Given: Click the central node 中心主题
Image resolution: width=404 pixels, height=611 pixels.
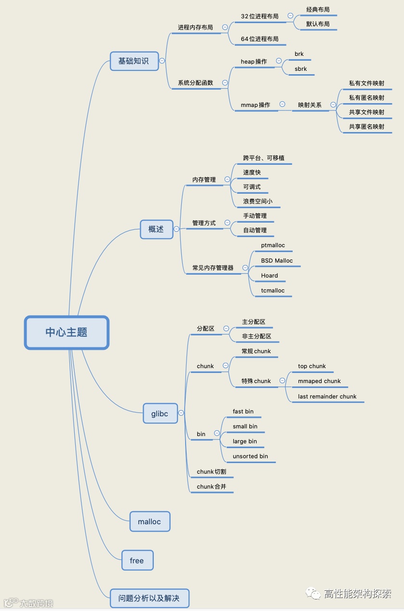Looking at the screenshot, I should [x=67, y=332].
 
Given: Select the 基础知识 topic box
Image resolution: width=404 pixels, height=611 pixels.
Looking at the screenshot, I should [x=134, y=61].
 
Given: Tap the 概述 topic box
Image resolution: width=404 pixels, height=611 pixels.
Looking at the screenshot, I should [x=156, y=229].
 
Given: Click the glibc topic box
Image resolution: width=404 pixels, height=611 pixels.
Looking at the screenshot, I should [x=160, y=413].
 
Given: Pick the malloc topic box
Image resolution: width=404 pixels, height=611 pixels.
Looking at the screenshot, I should [x=149, y=522].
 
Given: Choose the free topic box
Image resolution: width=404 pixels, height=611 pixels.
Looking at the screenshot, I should [x=137, y=560].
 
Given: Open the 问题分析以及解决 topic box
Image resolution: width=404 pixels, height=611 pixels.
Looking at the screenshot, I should [x=149, y=598].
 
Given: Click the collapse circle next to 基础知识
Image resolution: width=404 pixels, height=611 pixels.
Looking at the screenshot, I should [x=162, y=61].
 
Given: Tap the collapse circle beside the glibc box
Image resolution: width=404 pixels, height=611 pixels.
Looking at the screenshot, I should [x=181, y=413].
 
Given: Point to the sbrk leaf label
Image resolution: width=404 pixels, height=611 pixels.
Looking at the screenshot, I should [x=301, y=69].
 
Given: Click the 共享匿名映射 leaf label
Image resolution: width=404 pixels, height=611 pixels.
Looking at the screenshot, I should [x=367, y=127].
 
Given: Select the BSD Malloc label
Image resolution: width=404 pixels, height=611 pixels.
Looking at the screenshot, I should [x=277, y=261].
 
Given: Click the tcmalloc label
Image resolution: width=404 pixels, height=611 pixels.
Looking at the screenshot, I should [x=273, y=291].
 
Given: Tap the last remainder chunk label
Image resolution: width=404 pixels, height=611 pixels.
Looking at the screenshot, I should [x=327, y=397].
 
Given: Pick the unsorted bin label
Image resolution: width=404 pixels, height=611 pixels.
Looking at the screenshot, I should [x=250, y=456].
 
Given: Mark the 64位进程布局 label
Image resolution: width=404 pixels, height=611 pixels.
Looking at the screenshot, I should [x=259, y=39].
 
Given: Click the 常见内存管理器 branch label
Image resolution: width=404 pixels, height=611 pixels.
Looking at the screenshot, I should [x=213, y=268].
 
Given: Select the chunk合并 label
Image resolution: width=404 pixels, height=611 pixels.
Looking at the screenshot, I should [x=211, y=487].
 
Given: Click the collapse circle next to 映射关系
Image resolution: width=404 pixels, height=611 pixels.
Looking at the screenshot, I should [x=333, y=105].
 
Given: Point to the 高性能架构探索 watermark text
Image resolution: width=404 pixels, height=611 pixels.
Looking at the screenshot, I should [x=357, y=594].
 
